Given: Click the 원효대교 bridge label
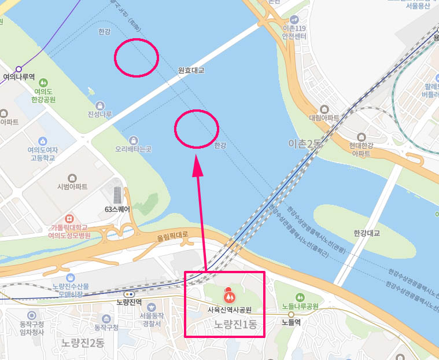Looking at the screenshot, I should pos(191,71).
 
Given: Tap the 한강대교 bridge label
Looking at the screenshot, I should pos(367,233).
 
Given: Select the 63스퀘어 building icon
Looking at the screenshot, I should pos(118,194).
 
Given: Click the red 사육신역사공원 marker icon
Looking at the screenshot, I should pos(230,296).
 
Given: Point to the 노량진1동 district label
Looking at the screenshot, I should pos(235,325).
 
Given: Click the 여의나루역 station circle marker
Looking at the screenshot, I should pos(19,68).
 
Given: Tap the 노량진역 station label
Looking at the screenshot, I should pos(129,302).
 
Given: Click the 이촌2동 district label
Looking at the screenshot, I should pos(305,143).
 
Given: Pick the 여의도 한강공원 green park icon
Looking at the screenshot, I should pos(44,82).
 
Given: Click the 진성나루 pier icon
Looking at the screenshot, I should pos(101,105).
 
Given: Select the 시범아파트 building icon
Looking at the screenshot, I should pos(72,178).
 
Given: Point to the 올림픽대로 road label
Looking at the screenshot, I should pos(173,237).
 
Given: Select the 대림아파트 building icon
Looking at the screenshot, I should pos(324,109).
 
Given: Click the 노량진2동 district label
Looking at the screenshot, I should pos(83,342).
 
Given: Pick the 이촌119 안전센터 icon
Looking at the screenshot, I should pos(294,19).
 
